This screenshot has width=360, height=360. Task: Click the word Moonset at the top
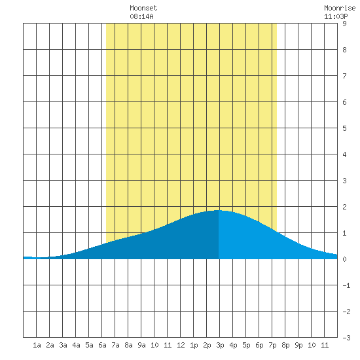143,8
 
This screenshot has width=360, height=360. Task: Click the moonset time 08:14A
141,16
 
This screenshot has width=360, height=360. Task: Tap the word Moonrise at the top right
340,8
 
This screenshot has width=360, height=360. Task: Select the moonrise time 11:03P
336,16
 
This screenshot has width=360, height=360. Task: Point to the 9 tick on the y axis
344,24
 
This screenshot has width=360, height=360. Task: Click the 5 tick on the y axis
344,128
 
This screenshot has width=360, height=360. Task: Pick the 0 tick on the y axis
344,259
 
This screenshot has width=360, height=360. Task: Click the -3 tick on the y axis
346,338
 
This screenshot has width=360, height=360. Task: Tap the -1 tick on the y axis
346,285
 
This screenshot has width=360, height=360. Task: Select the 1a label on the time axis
37,345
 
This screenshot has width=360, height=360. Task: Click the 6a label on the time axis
102,345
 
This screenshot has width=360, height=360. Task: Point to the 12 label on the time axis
181,345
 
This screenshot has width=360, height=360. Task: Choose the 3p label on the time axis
220,345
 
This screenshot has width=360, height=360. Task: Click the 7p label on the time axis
272,345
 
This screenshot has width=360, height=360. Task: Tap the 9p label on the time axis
298,345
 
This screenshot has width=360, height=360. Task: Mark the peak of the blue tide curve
217,210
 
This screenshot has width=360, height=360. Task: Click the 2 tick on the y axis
344,207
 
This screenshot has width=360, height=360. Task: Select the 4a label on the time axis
76,345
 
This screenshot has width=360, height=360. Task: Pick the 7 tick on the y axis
344,76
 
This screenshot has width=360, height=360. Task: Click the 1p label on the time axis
194,345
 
